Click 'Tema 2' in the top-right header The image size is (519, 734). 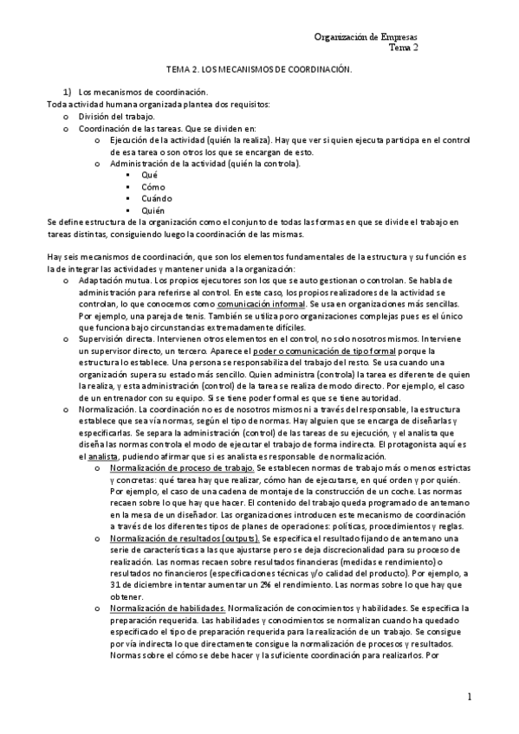click(x=403, y=49)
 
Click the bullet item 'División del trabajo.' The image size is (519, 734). click(x=117, y=116)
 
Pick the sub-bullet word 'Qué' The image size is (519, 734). click(x=149, y=175)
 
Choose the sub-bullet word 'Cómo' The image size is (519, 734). click(x=152, y=187)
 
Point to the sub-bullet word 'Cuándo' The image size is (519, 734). click(x=156, y=198)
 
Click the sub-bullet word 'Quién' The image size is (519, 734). click(x=153, y=210)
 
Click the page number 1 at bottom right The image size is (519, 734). click(x=470, y=696)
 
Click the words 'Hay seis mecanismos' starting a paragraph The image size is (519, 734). click(x=85, y=257)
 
